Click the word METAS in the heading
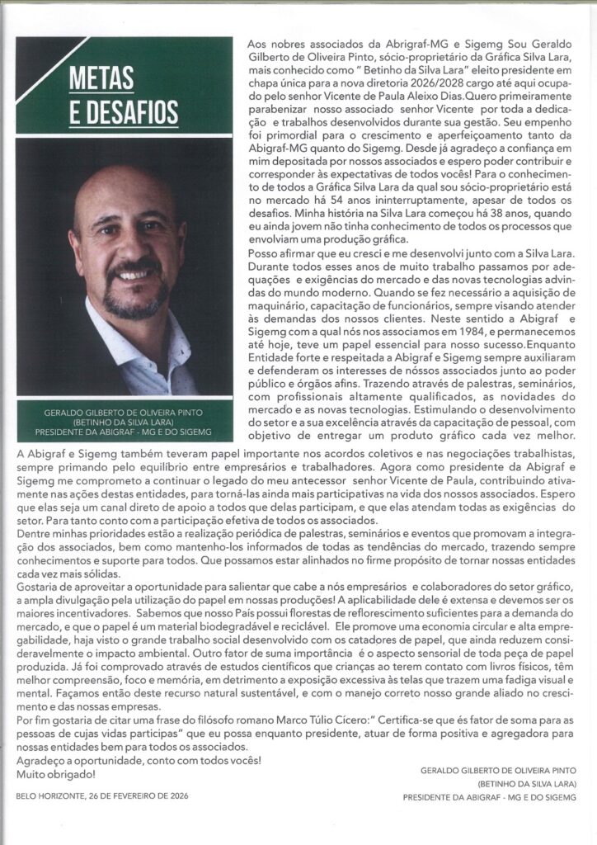(102, 78)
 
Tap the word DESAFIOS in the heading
(124, 111)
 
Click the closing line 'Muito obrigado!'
(56, 774)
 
